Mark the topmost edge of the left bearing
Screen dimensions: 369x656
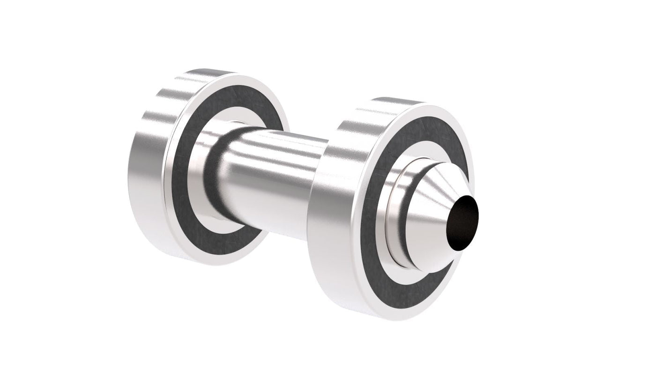tap(206, 70)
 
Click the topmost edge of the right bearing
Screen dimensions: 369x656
tap(398, 98)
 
